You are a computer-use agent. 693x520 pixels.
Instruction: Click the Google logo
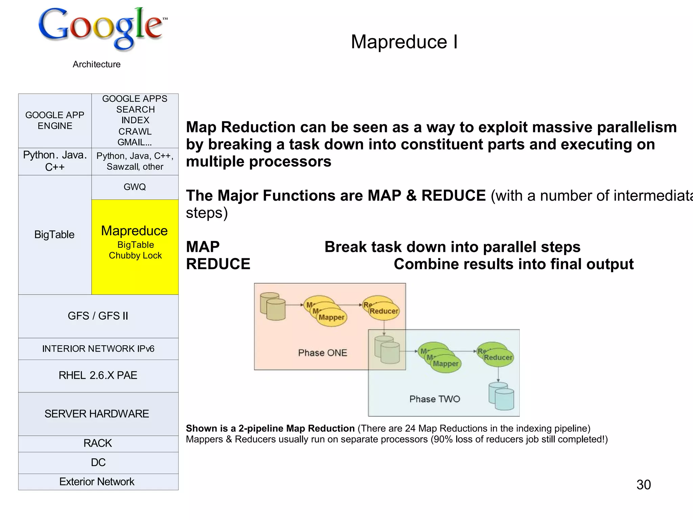tap(102, 29)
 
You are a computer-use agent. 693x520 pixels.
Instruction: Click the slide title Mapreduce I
tap(404, 42)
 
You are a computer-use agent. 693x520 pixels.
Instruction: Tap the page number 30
tap(643, 484)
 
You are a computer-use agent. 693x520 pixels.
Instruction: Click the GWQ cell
tap(135, 187)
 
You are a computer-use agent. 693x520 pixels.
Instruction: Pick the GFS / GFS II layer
tap(98, 316)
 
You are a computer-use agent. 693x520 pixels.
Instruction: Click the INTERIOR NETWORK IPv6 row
tap(98, 349)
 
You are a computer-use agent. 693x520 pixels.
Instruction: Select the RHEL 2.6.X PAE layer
tap(98, 375)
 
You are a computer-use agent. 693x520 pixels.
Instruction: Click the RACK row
tap(98, 443)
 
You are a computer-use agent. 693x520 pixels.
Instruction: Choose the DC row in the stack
tap(98, 462)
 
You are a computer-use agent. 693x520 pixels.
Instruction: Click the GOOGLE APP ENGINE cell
tap(55, 121)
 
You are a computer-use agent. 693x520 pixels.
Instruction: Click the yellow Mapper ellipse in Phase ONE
tap(331, 318)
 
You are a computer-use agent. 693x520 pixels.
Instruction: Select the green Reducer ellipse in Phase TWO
tap(498, 357)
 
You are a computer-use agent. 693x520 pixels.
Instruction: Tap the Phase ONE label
tap(322, 353)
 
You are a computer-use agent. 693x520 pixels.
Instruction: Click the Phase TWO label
tap(434, 399)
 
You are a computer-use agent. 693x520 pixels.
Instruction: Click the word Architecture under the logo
tap(96, 64)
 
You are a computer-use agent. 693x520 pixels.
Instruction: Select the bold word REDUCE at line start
tap(218, 264)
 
